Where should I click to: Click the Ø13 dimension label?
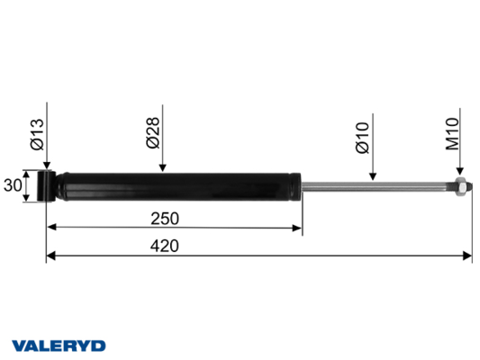[37, 135]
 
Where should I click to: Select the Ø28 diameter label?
[153, 132]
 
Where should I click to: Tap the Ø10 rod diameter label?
[363, 138]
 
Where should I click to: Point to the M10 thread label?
[452, 134]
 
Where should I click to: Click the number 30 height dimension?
[13, 185]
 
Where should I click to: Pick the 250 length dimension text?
[165, 219]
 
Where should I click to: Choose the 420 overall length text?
[165, 246]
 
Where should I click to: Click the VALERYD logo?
[59, 346]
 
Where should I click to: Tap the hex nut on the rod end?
[461, 186]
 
